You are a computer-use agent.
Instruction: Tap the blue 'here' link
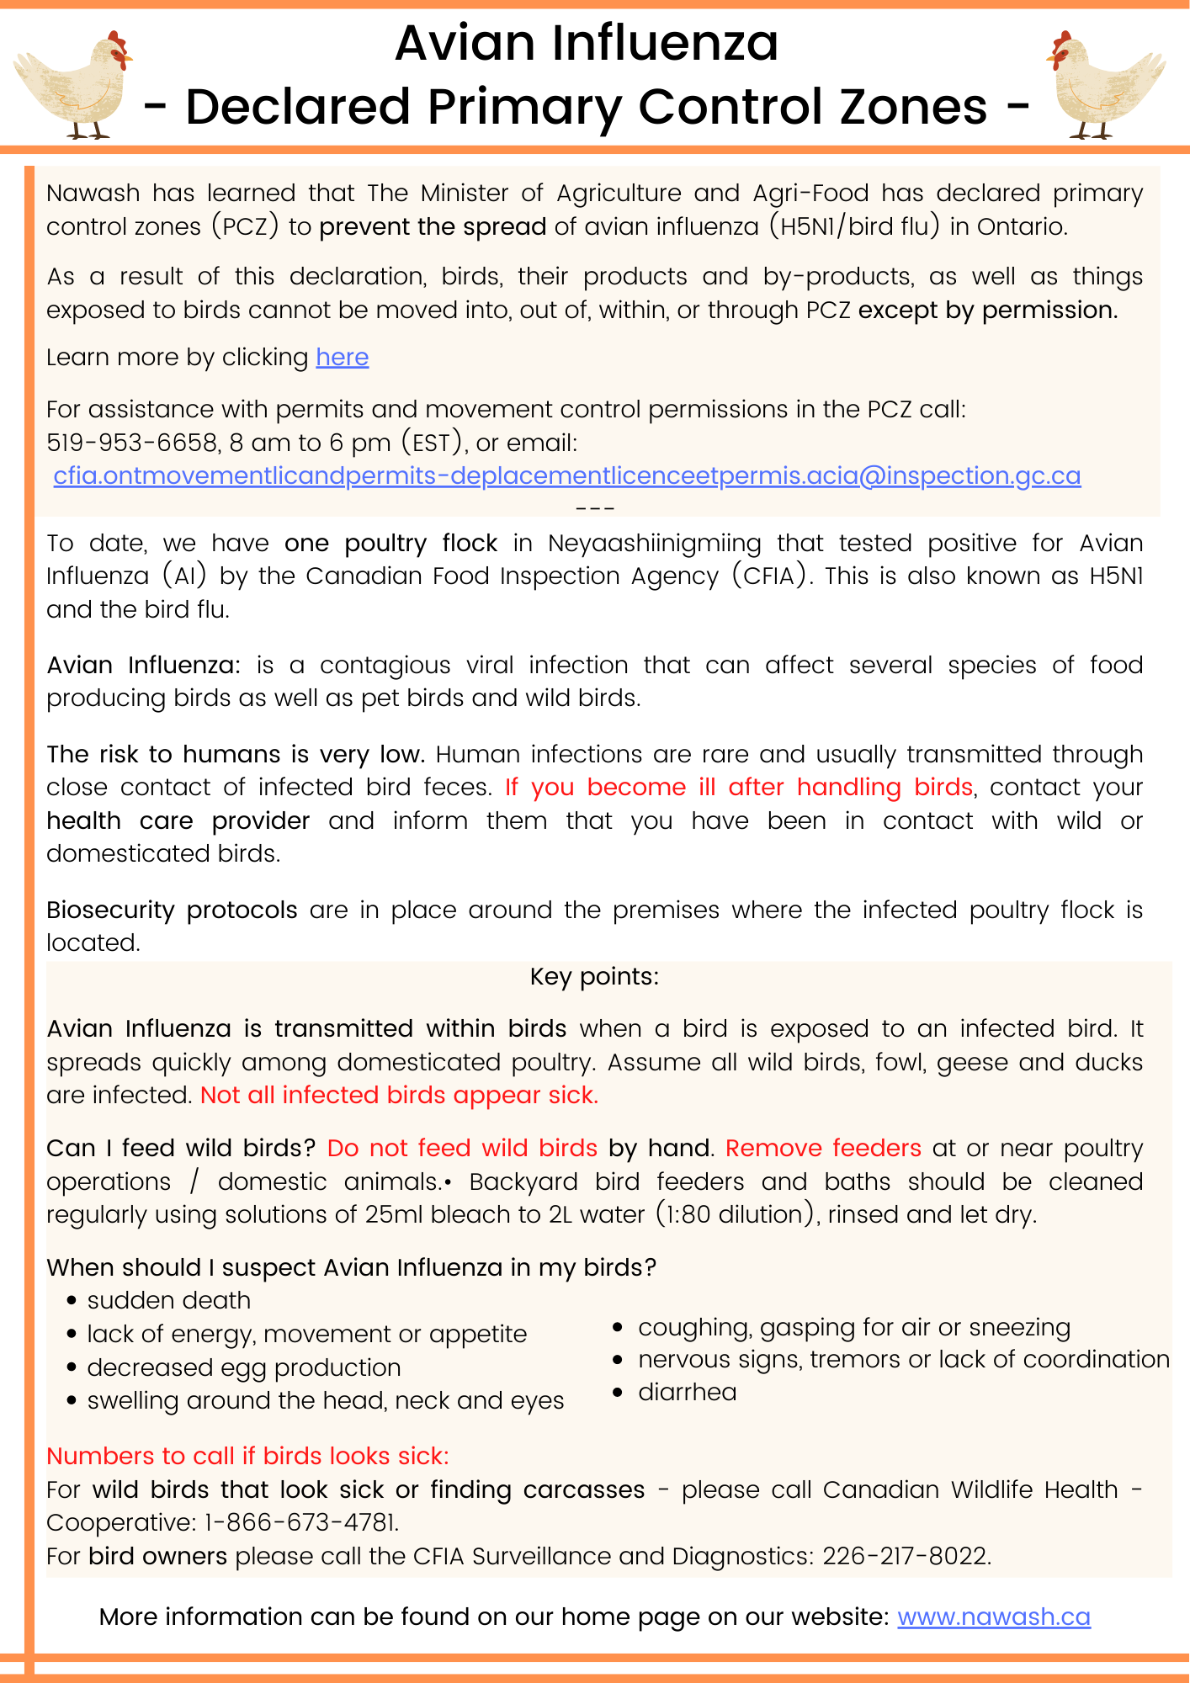342,358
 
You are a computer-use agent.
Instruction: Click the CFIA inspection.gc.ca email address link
566,476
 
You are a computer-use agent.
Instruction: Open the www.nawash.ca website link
993,1617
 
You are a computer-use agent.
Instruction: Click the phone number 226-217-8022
906,1556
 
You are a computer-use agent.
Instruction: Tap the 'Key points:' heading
594,976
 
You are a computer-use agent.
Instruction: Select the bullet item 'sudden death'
168,1300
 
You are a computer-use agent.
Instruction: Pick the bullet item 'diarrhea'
687,1392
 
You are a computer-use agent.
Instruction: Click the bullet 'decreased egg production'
243,1367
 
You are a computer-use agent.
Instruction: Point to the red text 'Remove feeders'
822,1148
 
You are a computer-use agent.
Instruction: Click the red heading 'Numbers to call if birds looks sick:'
247,1456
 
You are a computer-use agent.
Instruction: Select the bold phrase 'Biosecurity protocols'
172,910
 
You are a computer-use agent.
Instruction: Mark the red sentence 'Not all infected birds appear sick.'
399,1095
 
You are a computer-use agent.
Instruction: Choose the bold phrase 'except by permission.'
988,311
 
